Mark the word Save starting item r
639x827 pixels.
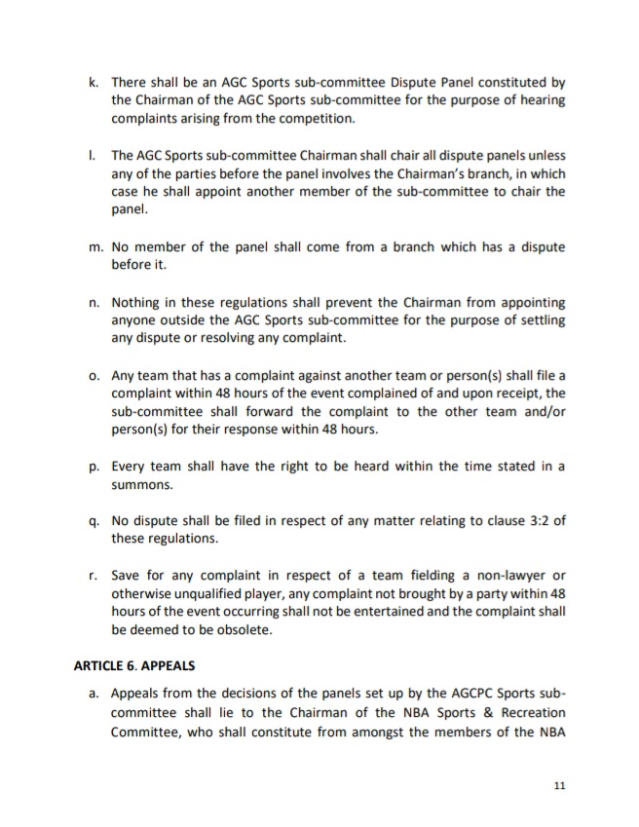[x=127, y=575]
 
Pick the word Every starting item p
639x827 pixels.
[x=131, y=466]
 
